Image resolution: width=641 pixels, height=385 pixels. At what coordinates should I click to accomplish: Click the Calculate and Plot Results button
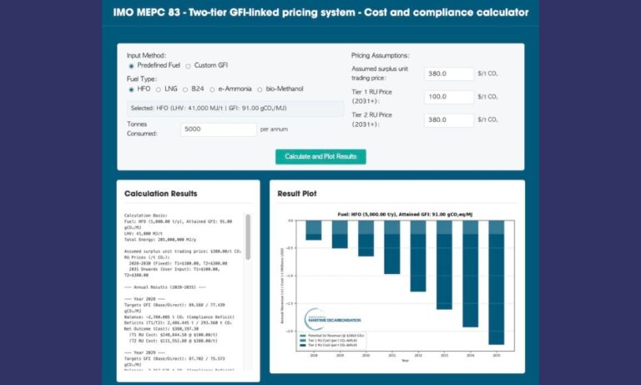click(320, 156)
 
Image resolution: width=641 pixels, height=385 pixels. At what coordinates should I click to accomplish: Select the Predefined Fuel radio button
click(131, 66)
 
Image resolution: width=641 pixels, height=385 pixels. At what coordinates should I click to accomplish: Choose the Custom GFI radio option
click(188, 66)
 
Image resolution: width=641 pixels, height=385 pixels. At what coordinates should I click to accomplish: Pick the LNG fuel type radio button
click(158, 89)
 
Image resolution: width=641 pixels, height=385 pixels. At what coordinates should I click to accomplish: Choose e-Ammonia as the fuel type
click(213, 89)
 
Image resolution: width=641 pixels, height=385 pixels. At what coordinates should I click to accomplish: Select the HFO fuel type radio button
click(131, 89)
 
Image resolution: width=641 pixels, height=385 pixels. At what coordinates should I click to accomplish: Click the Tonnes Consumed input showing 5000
click(218, 129)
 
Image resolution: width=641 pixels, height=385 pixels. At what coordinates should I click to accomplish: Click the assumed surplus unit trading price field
click(448, 73)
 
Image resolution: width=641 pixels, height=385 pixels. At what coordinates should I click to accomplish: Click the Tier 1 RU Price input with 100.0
click(448, 97)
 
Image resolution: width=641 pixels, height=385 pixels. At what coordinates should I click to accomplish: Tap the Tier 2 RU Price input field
click(448, 120)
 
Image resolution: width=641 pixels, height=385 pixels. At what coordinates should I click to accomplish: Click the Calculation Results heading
click(160, 194)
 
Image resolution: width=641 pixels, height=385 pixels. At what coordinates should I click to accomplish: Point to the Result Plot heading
click(297, 194)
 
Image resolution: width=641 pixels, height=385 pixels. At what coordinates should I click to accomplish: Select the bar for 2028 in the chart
click(313, 230)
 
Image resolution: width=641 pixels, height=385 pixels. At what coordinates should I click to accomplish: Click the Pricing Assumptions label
click(381, 55)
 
